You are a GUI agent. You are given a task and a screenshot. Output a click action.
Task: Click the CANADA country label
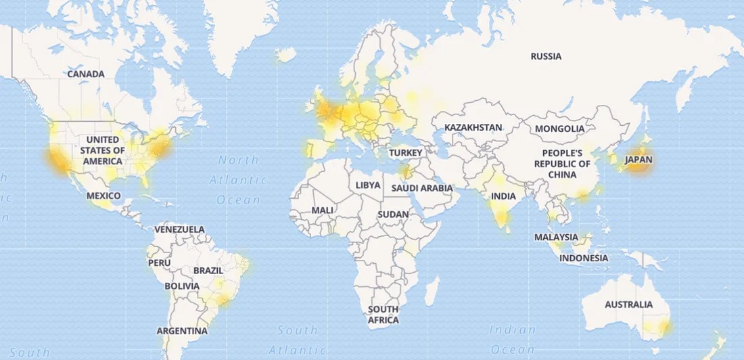[x=86, y=74]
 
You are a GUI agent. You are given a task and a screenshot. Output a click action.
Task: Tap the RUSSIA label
[x=546, y=56]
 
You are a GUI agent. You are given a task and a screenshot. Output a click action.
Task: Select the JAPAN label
[x=639, y=160]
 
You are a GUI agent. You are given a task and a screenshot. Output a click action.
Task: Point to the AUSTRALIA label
[x=628, y=305]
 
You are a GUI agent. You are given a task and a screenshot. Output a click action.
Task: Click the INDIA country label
[x=503, y=196]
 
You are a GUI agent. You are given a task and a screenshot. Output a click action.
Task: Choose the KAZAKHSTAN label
[x=473, y=127]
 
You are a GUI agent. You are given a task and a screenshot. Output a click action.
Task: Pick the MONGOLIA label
[x=559, y=129]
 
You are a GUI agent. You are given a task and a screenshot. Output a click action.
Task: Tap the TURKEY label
[x=406, y=153]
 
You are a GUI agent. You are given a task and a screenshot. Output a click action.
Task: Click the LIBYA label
[x=368, y=185]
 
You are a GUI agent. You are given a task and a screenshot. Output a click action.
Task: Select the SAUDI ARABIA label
[x=422, y=187]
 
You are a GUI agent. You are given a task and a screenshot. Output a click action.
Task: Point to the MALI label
[x=322, y=210]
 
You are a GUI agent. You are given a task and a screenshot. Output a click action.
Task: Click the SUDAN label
[x=394, y=215]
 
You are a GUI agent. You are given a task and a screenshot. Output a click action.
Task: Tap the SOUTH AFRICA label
[x=383, y=315]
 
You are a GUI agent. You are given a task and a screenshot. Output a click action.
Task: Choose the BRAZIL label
[x=208, y=271]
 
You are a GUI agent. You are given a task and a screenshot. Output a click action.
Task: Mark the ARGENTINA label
[x=182, y=331]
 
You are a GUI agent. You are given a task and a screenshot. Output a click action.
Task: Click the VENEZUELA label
[x=179, y=229]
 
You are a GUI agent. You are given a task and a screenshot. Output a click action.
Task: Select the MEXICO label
[x=103, y=196]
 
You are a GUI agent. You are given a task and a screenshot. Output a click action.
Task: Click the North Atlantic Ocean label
[x=239, y=179]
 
